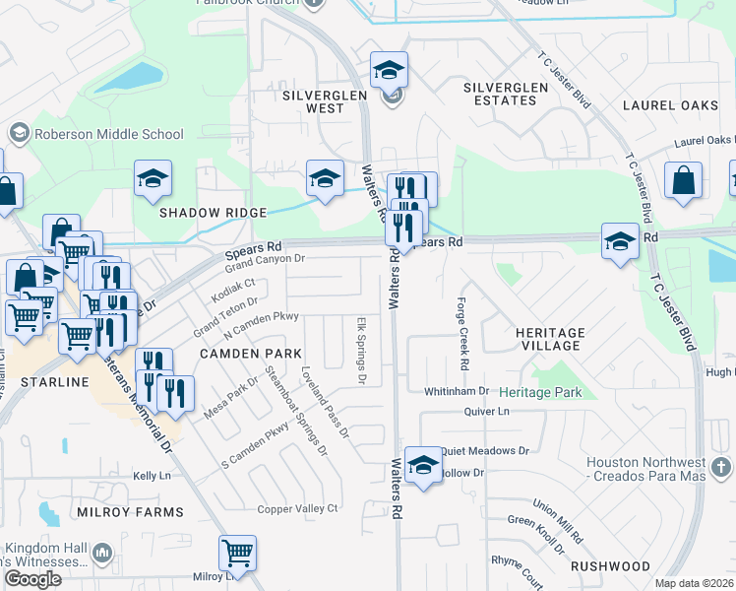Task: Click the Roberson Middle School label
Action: (x=109, y=134)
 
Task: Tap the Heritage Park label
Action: (x=540, y=392)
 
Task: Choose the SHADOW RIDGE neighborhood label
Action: (x=214, y=213)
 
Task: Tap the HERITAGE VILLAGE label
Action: (x=550, y=339)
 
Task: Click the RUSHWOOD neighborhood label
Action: (x=610, y=566)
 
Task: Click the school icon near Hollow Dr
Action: (x=423, y=467)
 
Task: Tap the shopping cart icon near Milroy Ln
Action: (x=238, y=553)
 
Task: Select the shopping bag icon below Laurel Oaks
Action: (x=683, y=181)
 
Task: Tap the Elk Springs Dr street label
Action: (x=361, y=350)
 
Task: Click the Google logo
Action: (x=32, y=579)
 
